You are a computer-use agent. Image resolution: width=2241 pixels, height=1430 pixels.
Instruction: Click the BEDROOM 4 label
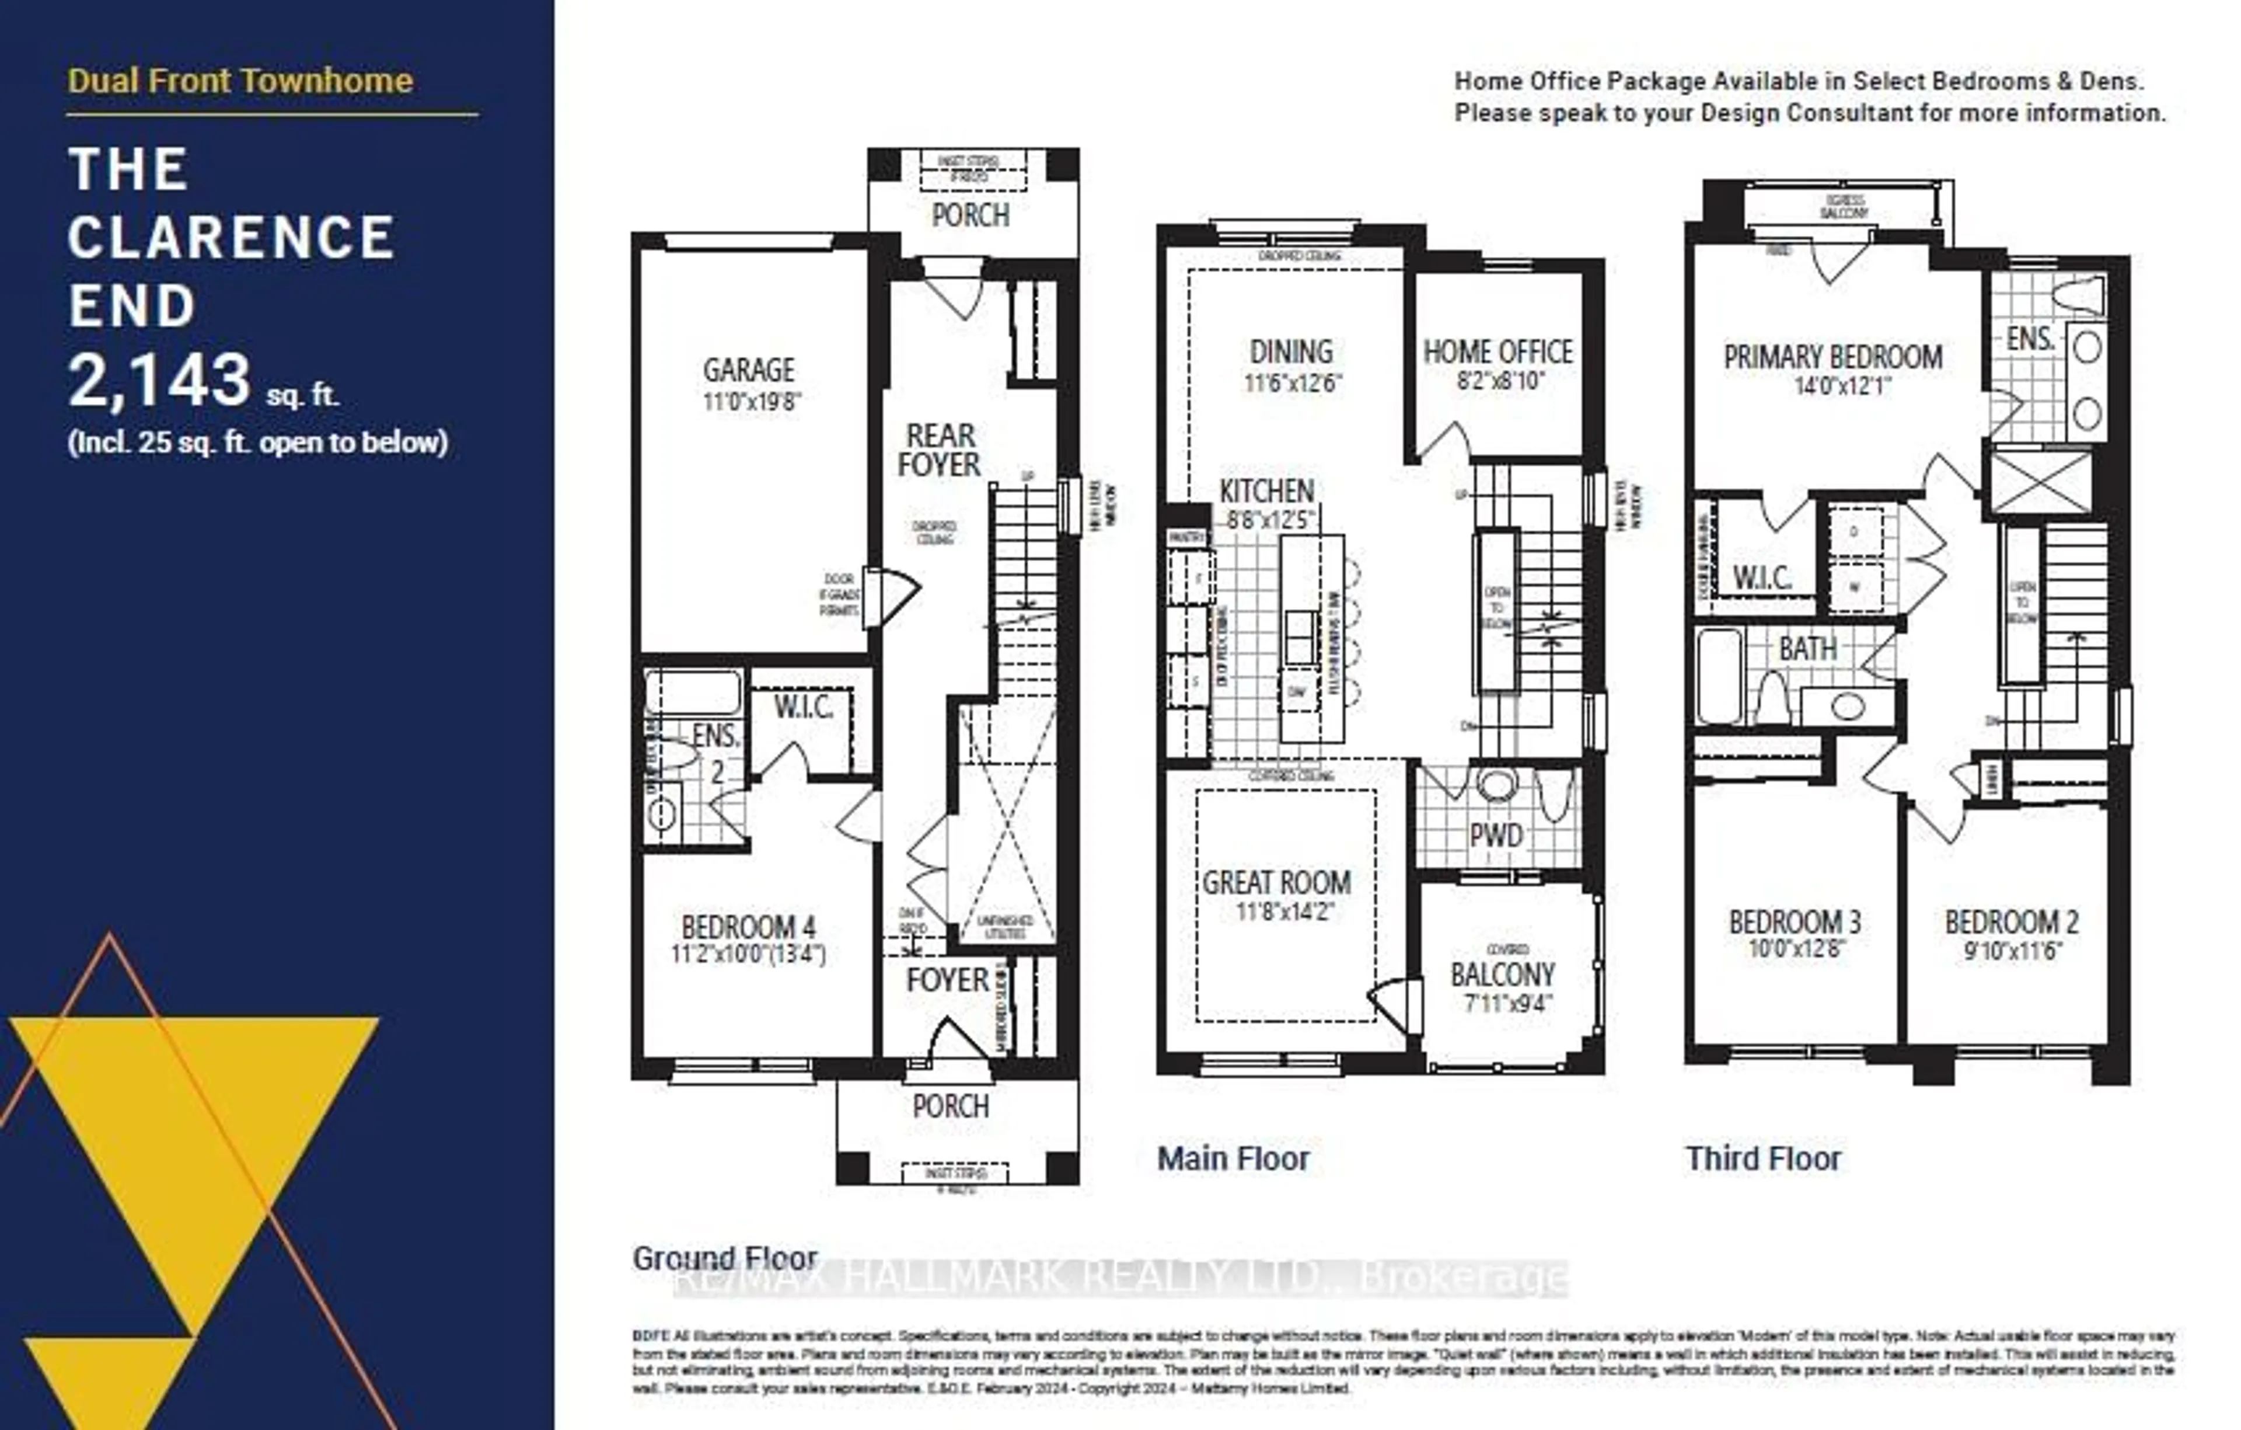(x=748, y=927)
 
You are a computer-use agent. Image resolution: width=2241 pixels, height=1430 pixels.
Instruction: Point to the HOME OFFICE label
(x=1498, y=352)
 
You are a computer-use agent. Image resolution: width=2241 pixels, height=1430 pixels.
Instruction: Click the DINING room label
(x=1291, y=352)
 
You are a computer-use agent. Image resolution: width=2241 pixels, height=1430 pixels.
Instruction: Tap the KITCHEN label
(x=1266, y=490)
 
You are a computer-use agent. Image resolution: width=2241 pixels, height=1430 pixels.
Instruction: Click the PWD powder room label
(x=1496, y=835)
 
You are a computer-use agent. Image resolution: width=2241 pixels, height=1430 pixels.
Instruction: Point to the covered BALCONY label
(x=1502, y=975)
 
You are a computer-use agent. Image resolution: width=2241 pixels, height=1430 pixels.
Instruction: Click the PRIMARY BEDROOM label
(x=1832, y=357)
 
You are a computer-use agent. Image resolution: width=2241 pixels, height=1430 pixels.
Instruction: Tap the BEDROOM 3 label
(x=1795, y=921)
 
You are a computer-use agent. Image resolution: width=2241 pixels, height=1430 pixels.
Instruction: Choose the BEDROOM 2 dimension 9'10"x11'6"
(x=2013, y=951)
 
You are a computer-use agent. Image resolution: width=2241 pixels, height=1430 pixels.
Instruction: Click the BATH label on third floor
(x=1807, y=648)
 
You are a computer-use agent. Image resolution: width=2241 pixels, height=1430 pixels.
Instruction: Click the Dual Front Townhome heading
(x=240, y=81)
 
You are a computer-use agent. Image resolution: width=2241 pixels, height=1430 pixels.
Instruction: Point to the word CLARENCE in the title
(x=231, y=238)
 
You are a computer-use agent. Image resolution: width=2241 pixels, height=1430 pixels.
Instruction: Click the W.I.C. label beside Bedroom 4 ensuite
(x=803, y=708)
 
